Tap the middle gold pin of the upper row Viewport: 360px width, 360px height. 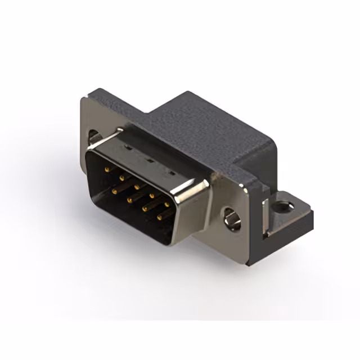(x=136, y=183)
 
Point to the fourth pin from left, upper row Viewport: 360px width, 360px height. (x=151, y=192)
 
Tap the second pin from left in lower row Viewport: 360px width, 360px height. (x=129, y=200)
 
